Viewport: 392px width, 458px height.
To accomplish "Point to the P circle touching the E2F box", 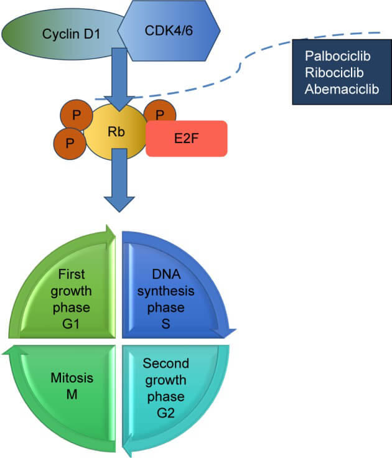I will click(x=160, y=115).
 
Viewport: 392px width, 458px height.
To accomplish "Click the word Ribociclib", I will click(x=334, y=73).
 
